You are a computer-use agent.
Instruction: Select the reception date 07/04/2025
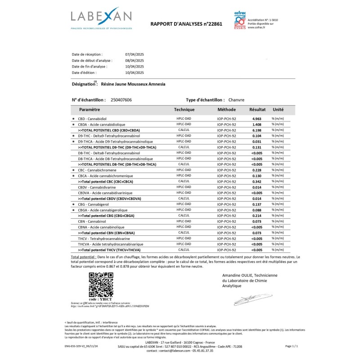(x=134, y=54)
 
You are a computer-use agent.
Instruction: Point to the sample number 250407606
(x=121, y=99)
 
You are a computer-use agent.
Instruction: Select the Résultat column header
(x=257, y=109)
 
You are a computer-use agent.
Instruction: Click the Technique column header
(x=184, y=109)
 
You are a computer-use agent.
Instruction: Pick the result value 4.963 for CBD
(x=256, y=118)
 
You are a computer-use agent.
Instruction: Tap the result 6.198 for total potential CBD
(x=256, y=130)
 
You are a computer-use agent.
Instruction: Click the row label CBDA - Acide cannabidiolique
(x=102, y=124)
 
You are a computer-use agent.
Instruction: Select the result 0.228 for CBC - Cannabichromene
(x=256, y=170)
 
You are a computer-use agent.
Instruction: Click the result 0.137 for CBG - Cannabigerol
(x=256, y=204)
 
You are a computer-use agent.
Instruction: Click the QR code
(x=100, y=284)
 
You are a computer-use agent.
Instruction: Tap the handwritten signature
(x=246, y=299)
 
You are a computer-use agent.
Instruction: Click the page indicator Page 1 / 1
(x=292, y=346)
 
